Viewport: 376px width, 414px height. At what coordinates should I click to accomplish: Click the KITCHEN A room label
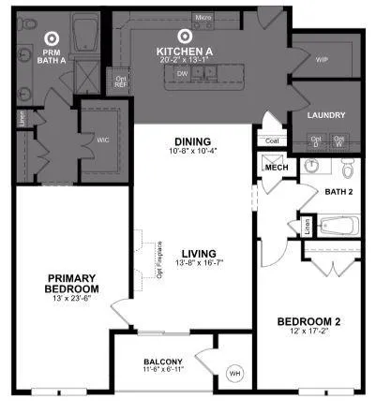[184, 51]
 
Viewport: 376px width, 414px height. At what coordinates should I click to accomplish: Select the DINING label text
[191, 141]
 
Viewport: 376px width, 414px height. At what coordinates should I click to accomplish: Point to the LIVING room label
[199, 254]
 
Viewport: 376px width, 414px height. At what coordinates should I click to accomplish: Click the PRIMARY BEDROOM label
[63, 283]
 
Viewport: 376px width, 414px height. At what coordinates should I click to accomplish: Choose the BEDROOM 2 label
[308, 323]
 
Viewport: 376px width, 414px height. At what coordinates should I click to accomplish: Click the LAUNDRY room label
[326, 115]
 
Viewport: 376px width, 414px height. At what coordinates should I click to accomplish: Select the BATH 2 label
[338, 192]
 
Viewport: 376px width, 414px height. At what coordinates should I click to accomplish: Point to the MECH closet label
[276, 168]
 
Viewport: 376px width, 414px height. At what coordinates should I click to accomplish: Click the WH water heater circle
[234, 376]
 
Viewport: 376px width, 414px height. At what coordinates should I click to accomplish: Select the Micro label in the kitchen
[202, 18]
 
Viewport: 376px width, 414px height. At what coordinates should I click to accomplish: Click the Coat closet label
[272, 141]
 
